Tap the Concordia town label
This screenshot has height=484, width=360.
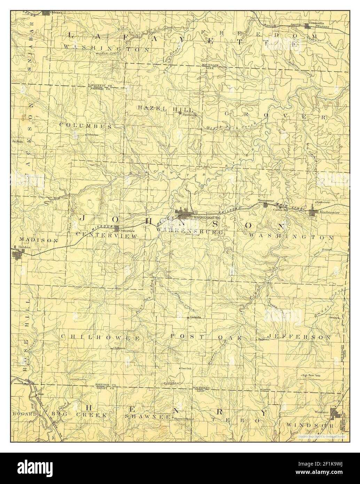click(317, 23)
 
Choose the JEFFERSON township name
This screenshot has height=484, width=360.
click(300, 337)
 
